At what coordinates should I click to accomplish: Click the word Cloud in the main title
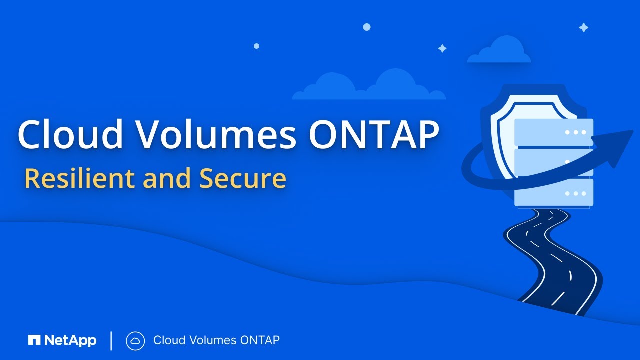[x=69, y=134]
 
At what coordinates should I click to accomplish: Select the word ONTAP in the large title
[x=373, y=134]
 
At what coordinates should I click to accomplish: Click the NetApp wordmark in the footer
[x=70, y=341]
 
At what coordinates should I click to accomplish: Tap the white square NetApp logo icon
[x=34, y=341]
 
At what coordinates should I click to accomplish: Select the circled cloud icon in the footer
[x=135, y=341]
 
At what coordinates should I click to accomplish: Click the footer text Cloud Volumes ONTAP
[x=216, y=341]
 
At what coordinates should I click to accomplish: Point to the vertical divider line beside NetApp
[x=111, y=341]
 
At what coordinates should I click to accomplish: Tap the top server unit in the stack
[x=554, y=132]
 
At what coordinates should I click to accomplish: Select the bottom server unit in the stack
[x=554, y=193]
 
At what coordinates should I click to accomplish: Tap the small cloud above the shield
[x=499, y=52]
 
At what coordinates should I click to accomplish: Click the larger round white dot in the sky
[x=367, y=27]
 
